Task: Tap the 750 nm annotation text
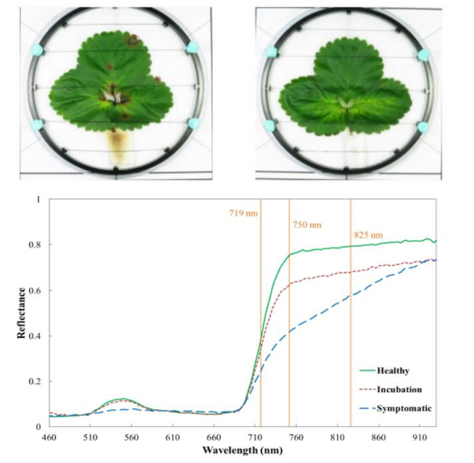pyautogui.click(x=306, y=225)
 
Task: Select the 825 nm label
pyautogui.click(x=368, y=235)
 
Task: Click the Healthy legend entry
pyautogui.click(x=392, y=371)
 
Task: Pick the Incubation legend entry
pyautogui.click(x=398, y=389)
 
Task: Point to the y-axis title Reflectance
pyautogui.click(x=21, y=313)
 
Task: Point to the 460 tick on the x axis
pyautogui.click(x=49, y=438)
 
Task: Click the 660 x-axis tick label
pyautogui.click(x=213, y=438)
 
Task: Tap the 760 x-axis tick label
pyautogui.click(x=296, y=438)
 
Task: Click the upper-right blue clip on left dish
pyautogui.click(x=193, y=47)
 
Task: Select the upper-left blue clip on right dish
pyautogui.click(x=271, y=51)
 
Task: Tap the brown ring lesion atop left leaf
pyautogui.click(x=133, y=41)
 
